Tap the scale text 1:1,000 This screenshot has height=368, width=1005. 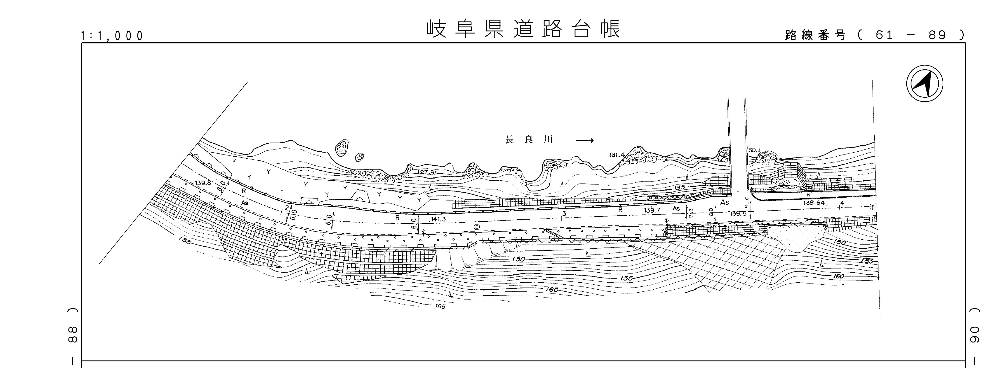(112, 36)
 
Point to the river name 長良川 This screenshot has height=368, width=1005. (529, 140)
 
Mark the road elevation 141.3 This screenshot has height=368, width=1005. (437, 220)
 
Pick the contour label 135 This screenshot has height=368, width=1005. (679, 188)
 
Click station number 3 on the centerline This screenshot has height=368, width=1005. (564, 213)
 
